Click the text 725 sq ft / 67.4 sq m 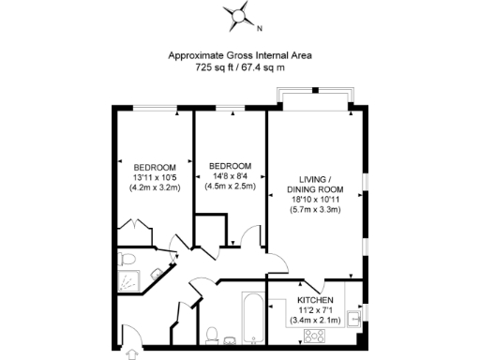pos(240,67)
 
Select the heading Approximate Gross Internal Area pos(240,55)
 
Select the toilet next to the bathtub pos(213,335)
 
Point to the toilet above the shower pos(128,257)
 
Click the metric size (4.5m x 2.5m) pos(229,187)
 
